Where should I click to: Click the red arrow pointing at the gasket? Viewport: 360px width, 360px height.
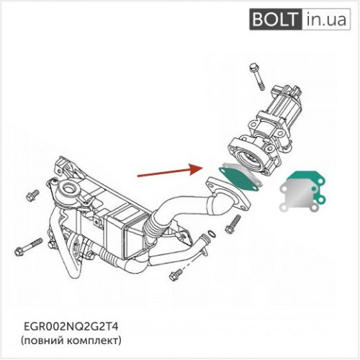coord(170,171)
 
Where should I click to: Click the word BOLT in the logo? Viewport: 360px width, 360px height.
coord(274,19)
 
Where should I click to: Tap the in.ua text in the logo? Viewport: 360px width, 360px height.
coord(326,19)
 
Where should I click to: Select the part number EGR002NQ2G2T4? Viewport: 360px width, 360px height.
coord(71,327)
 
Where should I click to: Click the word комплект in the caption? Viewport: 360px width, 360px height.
coord(92,341)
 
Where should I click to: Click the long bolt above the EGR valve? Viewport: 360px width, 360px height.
coord(257,76)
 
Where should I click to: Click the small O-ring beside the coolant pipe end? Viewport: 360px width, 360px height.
coord(212,234)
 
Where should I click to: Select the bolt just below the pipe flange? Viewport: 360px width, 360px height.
coord(233,224)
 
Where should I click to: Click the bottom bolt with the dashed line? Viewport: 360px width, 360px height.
coord(176,275)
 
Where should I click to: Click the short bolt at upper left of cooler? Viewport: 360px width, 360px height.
coord(32,195)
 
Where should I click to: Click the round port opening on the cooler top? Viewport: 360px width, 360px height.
coord(70,188)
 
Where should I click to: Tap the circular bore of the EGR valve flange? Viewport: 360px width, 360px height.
coord(250,159)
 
